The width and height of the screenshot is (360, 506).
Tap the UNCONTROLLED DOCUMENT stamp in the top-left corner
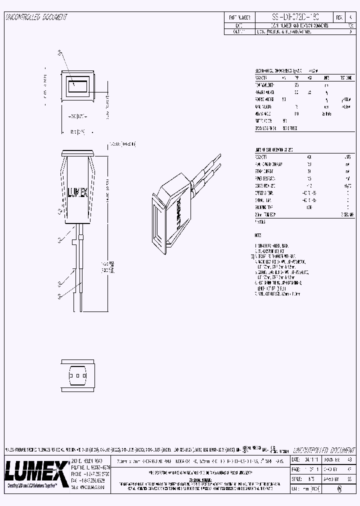pyautogui.click(x=36, y=17)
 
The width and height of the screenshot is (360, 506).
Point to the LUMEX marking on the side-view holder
pyautogui.click(x=77, y=191)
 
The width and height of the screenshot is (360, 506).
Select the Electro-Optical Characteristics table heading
pyautogui.click(x=280, y=71)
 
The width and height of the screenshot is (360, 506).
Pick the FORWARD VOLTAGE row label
pyautogui.click(x=264, y=99)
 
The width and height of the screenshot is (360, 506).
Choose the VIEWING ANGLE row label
pyautogui.click(x=263, y=113)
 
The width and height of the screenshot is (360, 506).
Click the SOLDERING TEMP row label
pyautogui.click(x=264, y=207)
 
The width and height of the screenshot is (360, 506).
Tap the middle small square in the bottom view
pyautogui.click(x=78, y=375)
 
